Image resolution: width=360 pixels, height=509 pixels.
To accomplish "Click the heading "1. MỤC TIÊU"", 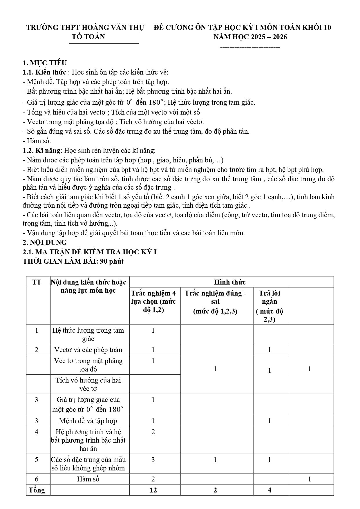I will click(45, 63).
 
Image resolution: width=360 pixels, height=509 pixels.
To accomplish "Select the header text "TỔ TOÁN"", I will click(88, 37).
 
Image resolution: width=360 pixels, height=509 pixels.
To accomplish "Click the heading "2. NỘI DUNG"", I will click(45, 242).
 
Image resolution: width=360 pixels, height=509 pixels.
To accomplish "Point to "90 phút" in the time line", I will click(112, 261).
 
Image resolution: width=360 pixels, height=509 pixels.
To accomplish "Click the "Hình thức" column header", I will click(230, 282).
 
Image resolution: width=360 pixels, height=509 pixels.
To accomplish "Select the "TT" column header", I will click(37, 282).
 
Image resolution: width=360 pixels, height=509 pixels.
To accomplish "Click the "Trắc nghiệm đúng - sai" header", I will click(215, 297).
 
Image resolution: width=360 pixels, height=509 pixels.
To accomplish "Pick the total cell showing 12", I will click(153, 490).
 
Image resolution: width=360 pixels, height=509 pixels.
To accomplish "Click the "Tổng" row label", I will click(37, 490).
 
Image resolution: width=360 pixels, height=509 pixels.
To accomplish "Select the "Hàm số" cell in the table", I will click(88, 479).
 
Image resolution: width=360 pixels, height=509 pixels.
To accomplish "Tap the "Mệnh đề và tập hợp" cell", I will click(88, 421).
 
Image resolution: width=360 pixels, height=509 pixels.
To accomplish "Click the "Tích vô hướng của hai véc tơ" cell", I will click(88, 384).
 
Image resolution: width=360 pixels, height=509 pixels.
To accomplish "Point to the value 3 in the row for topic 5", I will click(153, 460).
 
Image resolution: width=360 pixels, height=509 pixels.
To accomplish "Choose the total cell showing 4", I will click(269, 490).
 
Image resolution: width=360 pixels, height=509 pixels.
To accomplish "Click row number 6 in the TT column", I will click(37, 479).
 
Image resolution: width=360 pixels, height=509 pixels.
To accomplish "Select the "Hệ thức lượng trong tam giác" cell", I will click(88, 334).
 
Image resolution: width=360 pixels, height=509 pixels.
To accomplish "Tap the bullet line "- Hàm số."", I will click(37, 141).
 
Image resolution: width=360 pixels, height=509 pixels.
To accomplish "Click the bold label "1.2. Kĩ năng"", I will click(42, 151).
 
